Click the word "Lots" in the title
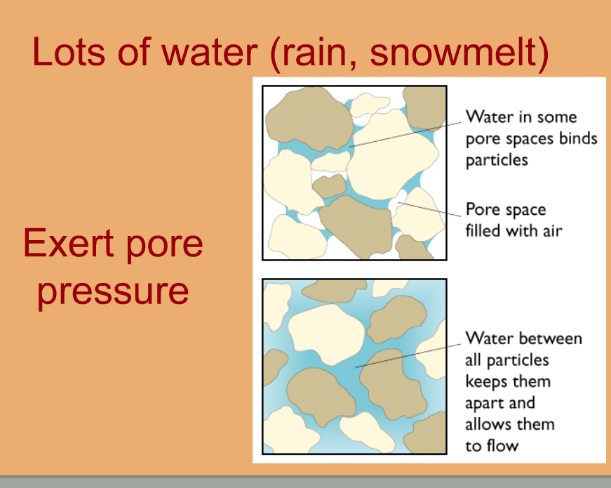tap(69, 51)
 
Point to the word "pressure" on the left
tap(113, 292)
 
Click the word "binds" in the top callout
tap(578, 138)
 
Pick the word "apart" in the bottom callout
tap(483, 403)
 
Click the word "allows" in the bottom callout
tap(488, 423)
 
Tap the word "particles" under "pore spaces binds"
tap(497, 160)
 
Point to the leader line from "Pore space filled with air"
tap(429, 209)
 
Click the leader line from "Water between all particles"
tap(408, 356)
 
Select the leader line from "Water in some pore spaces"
tap(405, 134)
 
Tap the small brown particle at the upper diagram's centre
tap(329, 186)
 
